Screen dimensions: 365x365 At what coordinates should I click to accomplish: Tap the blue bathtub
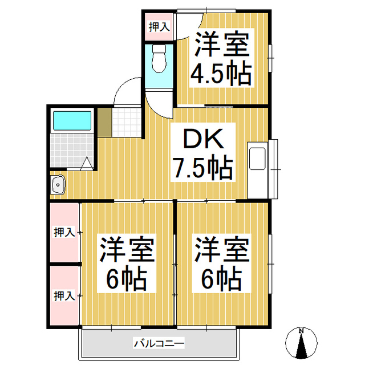coord(72,121)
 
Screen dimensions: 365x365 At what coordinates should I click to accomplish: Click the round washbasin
coord(58,184)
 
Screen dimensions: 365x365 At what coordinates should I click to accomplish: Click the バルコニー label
coord(158,343)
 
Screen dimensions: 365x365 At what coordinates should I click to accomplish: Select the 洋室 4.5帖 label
coord(222,59)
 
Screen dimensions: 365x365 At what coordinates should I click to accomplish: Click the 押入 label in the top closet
coord(159,26)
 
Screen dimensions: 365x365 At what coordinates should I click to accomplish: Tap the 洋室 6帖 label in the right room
coord(222,264)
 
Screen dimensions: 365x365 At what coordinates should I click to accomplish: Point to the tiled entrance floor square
coord(126,121)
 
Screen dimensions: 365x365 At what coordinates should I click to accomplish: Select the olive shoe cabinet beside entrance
coord(104,121)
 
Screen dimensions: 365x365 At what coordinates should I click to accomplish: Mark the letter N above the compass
coord(301,331)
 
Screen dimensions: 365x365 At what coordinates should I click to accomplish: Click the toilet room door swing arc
coord(157,103)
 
